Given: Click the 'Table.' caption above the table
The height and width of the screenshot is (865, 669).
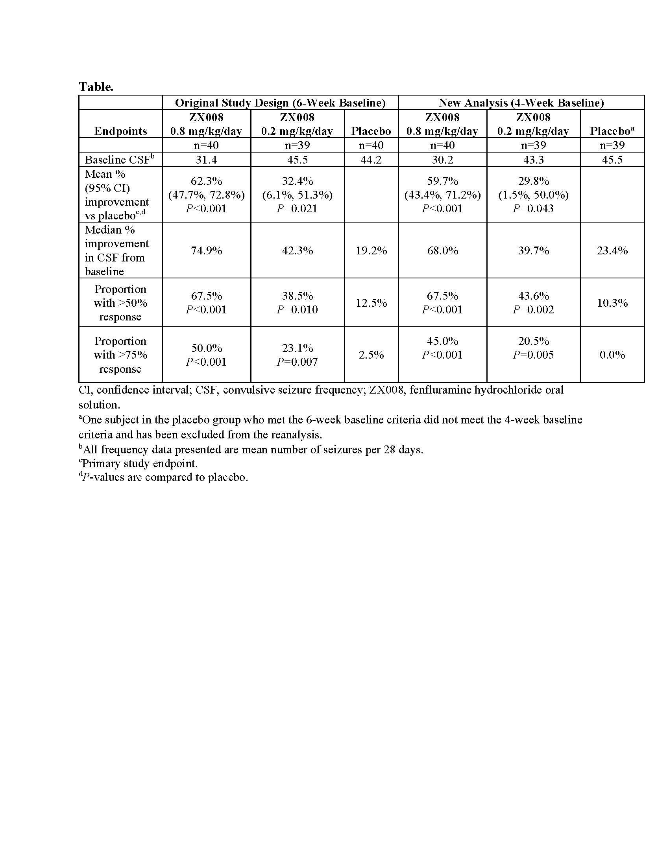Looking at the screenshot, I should tap(96, 87).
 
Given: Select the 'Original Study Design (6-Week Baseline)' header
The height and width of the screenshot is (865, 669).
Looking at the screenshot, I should tap(280, 103).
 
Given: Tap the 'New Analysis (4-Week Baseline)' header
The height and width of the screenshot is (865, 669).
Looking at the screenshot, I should tap(521, 103).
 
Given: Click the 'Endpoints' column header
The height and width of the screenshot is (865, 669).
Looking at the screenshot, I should tap(120, 131).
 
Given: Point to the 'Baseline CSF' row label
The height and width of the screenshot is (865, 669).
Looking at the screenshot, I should tap(119, 160).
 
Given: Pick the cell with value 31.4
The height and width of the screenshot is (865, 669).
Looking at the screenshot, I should tap(206, 160).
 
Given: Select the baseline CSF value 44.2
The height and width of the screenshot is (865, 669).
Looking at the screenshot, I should tap(371, 160).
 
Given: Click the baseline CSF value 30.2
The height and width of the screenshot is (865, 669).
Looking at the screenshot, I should tap(442, 160).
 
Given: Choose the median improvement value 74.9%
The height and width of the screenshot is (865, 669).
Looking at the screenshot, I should tap(206, 251).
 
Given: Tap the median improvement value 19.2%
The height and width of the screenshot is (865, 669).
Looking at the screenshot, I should tap(371, 251).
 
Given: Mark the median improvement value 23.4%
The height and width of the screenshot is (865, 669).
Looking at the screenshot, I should tap(612, 251).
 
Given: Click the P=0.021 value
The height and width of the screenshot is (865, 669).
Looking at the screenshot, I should tap(297, 209).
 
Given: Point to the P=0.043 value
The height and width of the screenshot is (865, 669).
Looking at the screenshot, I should tap(533, 209).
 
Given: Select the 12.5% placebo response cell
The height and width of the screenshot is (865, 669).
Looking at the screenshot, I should tap(371, 303).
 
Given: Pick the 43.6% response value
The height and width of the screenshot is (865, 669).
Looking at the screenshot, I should tap(533, 296).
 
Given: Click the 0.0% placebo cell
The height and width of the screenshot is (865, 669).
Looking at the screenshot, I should tap(612, 355).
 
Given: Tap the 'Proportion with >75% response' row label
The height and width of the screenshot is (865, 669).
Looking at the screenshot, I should tap(120, 355).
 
